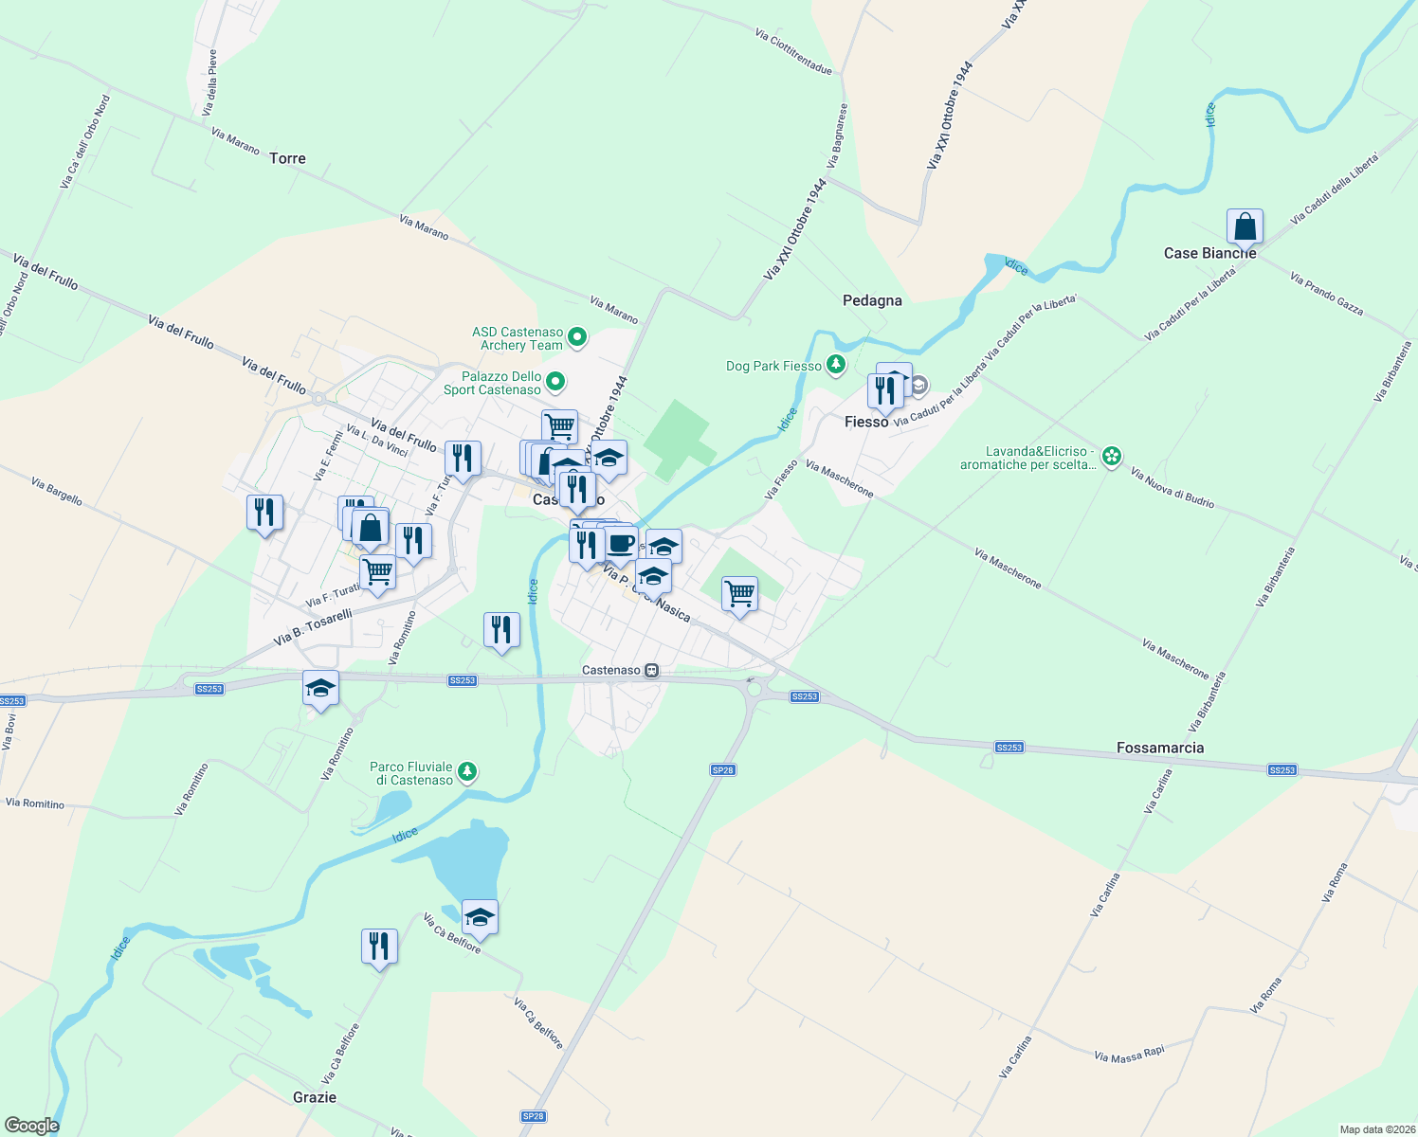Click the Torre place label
[x=287, y=158]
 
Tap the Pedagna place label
[x=872, y=300]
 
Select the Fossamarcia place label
[x=1160, y=748]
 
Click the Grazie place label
[x=315, y=1097]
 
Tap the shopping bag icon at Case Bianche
[x=1245, y=227]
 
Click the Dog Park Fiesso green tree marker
[x=835, y=365]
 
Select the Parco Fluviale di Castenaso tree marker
[x=466, y=772]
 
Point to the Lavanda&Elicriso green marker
[x=1112, y=458]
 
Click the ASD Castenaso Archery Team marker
[x=577, y=337]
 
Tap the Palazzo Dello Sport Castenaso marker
[x=556, y=382]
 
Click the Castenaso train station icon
[x=652, y=670]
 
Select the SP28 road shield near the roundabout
[x=722, y=770]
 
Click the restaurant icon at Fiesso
[x=884, y=390]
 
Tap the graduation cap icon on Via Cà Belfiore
[x=480, y=916]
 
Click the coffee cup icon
[x=621, y=544]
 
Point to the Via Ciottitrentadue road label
[x=793, y=51]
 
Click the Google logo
[x=32, y=1126]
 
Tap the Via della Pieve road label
[x=211, y=82]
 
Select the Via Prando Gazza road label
[x=1326, y=293]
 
